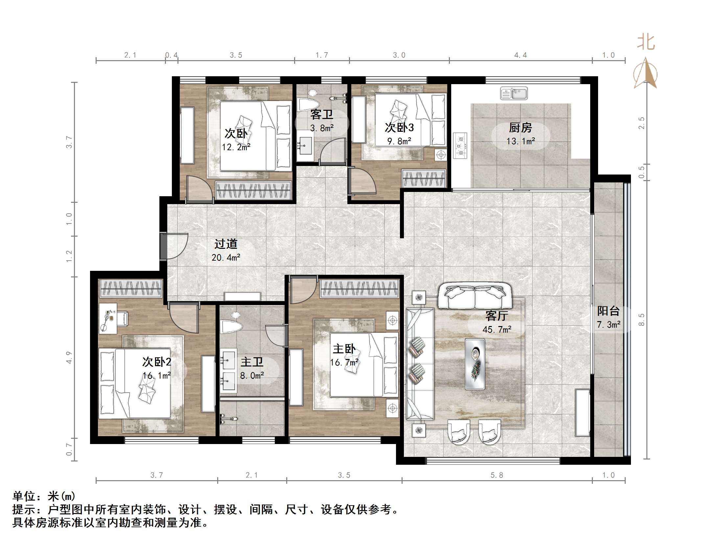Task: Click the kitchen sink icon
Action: point(514,93)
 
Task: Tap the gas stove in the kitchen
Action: point(460,145)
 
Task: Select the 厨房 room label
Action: point(520,128)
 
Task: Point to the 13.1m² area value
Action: point(521,141)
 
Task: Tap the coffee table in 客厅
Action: point(475,364)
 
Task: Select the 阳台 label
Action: point(608,311)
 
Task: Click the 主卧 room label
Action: point(344,349)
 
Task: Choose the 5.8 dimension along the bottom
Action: point(497,475)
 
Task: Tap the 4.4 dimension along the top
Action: point(521,55)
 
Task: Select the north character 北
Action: point(646,43)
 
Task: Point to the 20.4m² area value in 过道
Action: point(226,257)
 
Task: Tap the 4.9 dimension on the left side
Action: point(69,358)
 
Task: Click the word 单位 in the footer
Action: point(24,496)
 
